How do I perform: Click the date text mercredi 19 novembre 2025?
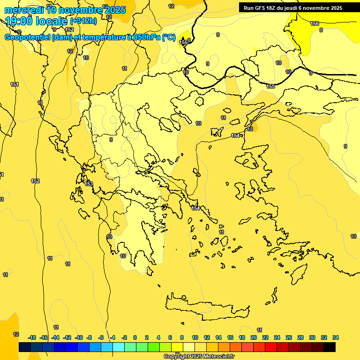tap(65, 10)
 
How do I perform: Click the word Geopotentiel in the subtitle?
tap(27, 37)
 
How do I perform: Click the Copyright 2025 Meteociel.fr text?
tap(199, 356)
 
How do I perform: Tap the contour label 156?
tap(315, 23)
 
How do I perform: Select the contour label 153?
tap(89, 184)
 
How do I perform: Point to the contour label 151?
tap(15, 84)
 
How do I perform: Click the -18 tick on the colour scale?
tap(32, 337)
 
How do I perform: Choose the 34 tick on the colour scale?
tap(336, 337)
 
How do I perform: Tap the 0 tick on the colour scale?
tap(135, 337)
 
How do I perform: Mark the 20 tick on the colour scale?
tap(254, 337)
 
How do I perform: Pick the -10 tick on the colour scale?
tap(79, 337)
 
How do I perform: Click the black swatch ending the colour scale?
tap(330, 347)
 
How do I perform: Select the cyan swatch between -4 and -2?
tap(119, 347)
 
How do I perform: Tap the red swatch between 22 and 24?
tap(271, 347)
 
